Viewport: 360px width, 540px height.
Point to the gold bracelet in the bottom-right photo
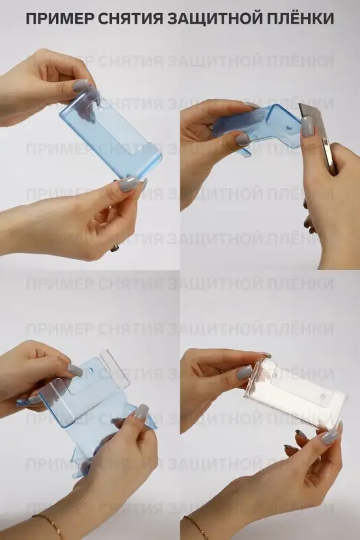tap(195, 525)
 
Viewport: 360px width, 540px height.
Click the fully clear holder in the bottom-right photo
tap(297, 395)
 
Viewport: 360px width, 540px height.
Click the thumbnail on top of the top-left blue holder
tap(81, 86)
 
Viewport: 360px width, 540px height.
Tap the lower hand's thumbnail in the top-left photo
tap(128, 184)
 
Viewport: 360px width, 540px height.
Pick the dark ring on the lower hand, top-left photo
tap(114, 248)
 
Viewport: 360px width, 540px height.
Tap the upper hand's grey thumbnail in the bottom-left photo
tap(75, 370)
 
